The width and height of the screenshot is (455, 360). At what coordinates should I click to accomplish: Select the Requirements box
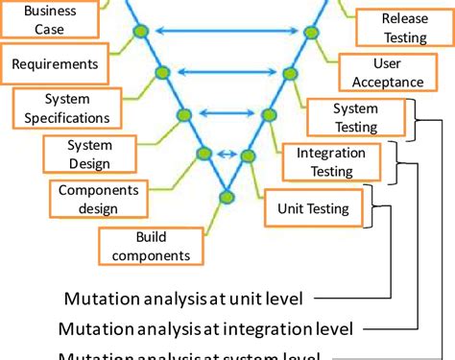point(54,65)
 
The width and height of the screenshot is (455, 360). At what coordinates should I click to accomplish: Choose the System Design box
point(88,154)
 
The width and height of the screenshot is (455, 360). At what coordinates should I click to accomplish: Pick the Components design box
point(99,199)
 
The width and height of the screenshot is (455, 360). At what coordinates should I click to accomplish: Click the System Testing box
point(355,117)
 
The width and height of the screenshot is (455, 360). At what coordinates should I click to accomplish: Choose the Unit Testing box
point(313,206)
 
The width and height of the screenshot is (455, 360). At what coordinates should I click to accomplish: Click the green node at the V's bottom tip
point(227,197)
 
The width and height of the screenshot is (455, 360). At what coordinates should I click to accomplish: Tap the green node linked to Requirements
point(161,72)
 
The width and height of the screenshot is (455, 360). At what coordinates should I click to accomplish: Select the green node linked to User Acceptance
point(291,72)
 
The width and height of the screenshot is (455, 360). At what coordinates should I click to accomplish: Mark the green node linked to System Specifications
point(183,113)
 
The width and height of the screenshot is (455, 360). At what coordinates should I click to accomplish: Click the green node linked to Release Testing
point(311,32)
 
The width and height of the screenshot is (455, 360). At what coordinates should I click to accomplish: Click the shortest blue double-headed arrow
point(227,154)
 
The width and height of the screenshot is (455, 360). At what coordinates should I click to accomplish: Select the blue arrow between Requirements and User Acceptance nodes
point(227,72)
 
